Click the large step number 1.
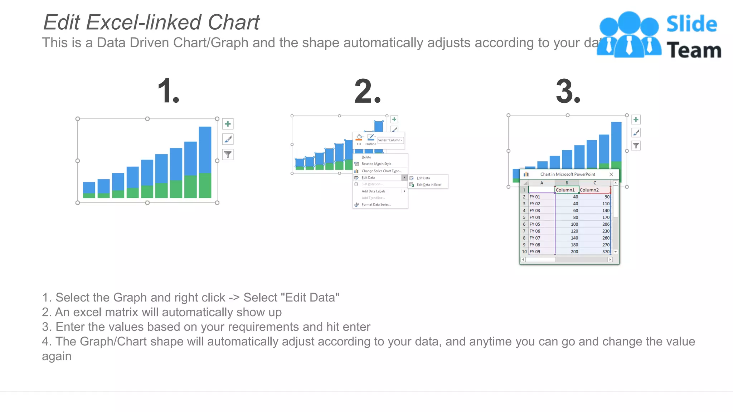[168, 91]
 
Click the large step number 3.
[568, 91]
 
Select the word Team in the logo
[694, 50]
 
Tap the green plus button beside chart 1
[228, 124]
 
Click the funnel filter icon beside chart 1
[228, 154]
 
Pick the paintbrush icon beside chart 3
[636, 133]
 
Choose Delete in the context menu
[366, 157]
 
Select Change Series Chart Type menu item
[381, 171]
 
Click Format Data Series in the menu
[376, 205]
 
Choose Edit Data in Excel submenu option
[429, 185]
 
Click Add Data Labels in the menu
[373, 191]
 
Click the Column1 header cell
[566, 190]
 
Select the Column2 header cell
[594, 190]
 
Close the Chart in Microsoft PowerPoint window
[611, 175]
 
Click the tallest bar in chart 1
[205, 150]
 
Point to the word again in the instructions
[57, 357]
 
